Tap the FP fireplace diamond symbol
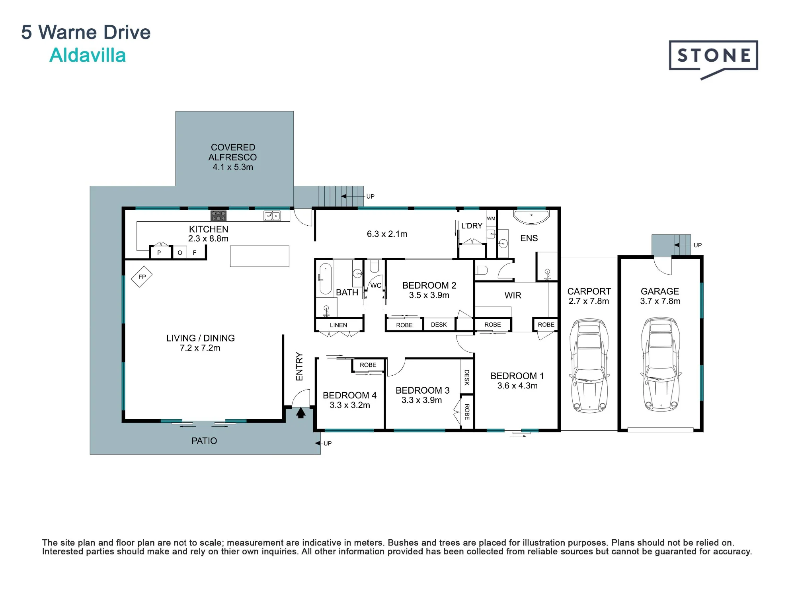click(x=142, y=277)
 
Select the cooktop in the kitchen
click(x=218, y=216)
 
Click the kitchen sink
click(x=272, y=216)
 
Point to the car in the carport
click(x=589, y=365)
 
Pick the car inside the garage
click(x=661, y=364)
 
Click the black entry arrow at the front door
click(x=301, y=413)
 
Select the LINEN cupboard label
click(x=338, y=325)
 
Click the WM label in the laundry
click(x=491, y=219)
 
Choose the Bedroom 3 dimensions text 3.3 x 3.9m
click(x=421, y=400)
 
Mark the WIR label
click(x=513, y=295)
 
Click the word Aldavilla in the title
click(x=88, y=55)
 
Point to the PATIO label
click(x=204, y=441)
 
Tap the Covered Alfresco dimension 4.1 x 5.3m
click(x=233, y=167)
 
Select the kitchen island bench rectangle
click(x=259, y=256)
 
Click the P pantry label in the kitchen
click(x=159, y=253)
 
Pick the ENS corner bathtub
click(x=531, y=217)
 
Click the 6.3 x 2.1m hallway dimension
click(x=387, y=234)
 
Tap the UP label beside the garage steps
click(x=698, y=245)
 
